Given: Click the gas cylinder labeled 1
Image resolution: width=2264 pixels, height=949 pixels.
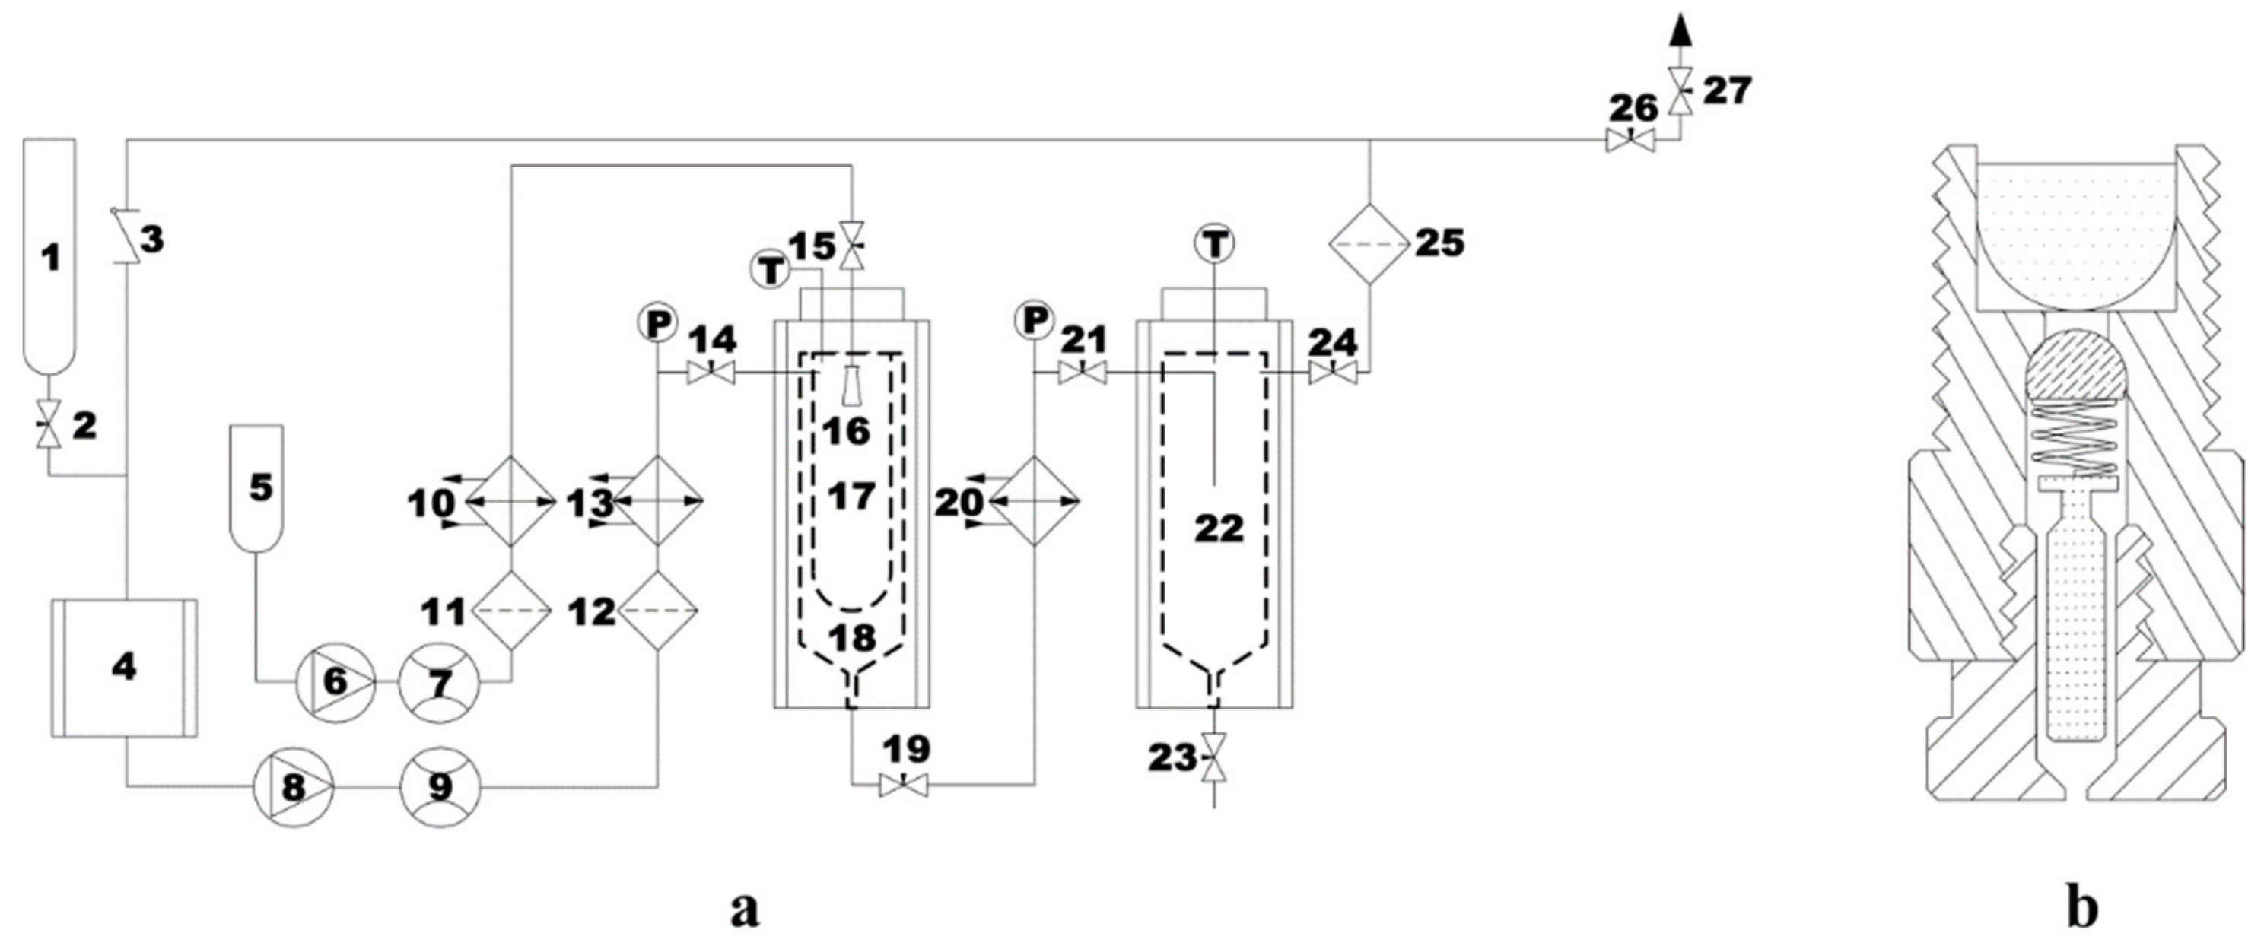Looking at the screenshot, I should tap(50, 255).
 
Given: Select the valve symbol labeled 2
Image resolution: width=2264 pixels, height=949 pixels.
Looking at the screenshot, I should tap(47, 424).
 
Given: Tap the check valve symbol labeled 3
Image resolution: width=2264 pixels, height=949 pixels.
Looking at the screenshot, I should tap(128, 237).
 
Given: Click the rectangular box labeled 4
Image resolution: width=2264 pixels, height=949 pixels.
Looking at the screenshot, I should tap(124, 668).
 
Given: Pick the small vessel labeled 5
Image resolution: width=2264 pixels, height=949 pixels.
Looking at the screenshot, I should tap(256, 487).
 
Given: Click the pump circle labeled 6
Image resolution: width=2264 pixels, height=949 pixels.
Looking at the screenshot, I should tap(335, 682).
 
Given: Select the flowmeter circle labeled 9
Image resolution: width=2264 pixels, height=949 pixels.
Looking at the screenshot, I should tap(440, 787).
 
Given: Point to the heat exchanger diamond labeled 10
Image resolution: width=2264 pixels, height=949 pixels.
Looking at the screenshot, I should tap(510, 502).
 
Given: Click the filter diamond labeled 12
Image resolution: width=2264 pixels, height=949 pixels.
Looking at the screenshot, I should tap(658, 611).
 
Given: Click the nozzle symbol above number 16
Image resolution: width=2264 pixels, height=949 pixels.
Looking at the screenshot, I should tap(850, 386).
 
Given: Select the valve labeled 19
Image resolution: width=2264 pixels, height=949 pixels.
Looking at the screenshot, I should tap(904, 786).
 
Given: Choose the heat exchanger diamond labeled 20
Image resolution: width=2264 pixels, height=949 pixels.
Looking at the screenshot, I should tap(1035, 502).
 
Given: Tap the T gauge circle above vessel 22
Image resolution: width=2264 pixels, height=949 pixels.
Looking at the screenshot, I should tap(1215, 244).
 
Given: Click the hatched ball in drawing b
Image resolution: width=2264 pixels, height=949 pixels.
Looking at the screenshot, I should tap(2073, 363).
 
